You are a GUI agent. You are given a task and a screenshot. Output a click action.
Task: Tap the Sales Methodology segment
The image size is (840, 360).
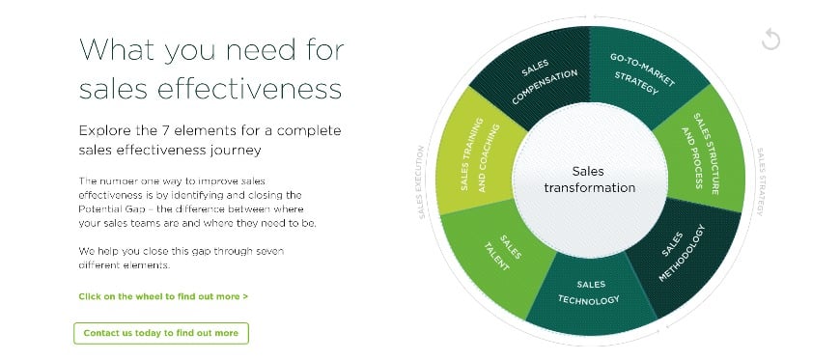tap(685, 256)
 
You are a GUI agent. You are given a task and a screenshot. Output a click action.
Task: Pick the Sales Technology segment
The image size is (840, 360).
tap(589, 292)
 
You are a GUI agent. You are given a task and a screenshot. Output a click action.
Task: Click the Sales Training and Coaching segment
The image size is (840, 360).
tap(478, 154)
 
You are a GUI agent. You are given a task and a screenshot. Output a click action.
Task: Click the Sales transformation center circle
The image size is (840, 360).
tap(589, 180)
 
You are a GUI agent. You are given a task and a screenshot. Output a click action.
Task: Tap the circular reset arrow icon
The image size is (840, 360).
tap(770, 40)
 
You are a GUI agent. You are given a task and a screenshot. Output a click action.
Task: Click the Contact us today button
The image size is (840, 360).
tap(161, 333)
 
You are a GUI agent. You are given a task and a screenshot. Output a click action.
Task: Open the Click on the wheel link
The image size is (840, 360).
tap(163, 296)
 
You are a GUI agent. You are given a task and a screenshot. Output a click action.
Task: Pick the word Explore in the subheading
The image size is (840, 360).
tap(102, 129)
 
